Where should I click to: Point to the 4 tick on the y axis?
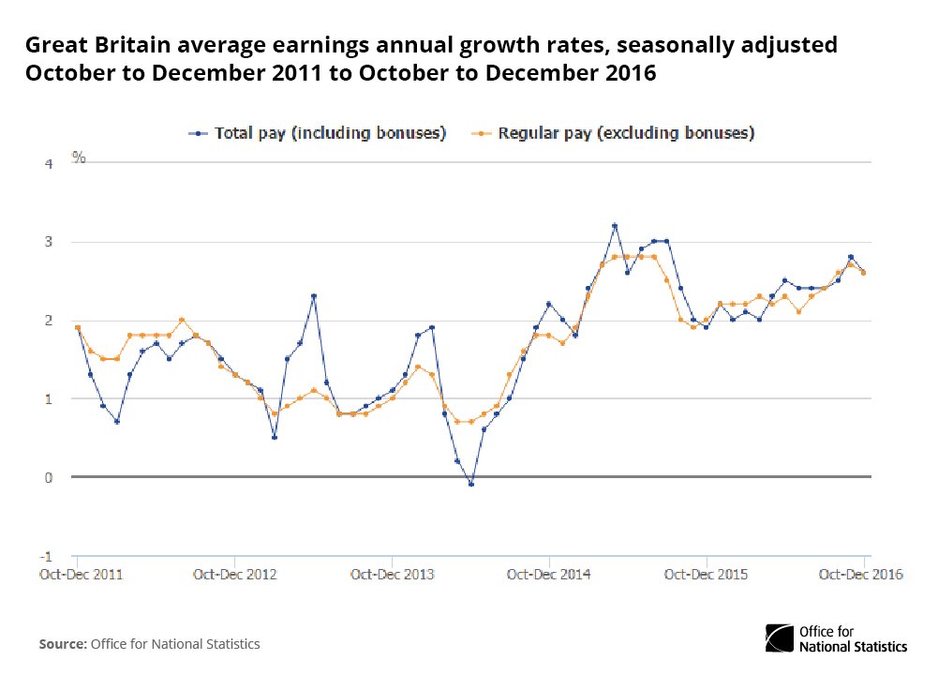coord(50,164)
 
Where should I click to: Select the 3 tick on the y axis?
coord(50,242)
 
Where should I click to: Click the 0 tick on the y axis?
coord(50,477)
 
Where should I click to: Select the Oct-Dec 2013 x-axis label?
coord(394,574)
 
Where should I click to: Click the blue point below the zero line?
coord(470,484)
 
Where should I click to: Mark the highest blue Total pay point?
coord(614,226)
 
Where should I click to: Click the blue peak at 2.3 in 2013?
coord(313,296)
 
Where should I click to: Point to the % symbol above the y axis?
coord(79,157)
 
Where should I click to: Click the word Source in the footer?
coord(61,644)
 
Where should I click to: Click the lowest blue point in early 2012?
coord(117,422)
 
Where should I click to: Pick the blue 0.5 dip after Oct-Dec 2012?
coord(274,437)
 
